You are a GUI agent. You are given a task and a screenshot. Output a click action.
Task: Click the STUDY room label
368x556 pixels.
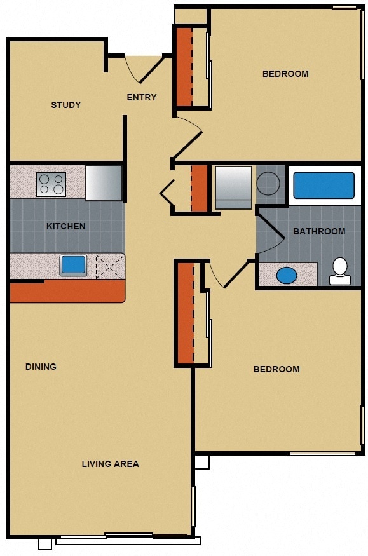pos(65,105)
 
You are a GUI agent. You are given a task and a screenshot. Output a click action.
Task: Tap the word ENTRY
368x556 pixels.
pos(141,97)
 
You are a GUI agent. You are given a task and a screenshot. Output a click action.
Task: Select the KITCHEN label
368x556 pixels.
pos(65,226)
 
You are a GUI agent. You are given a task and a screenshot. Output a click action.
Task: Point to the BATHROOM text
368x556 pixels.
pos(319,231)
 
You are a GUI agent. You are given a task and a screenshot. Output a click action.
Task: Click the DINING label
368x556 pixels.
pos(41,367)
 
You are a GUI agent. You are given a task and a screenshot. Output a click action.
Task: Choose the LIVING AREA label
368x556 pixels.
pos(110,464)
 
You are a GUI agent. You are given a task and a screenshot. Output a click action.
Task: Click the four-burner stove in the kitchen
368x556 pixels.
pos(51,184)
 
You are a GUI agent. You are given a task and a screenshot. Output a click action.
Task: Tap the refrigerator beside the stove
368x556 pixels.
pos(104,182)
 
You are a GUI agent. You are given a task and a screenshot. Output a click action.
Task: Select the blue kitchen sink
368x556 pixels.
pos(73,265)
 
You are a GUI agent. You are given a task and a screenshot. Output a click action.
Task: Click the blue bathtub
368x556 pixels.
pos(324,186)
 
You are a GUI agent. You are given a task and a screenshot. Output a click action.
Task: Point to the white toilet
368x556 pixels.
pos(339,271)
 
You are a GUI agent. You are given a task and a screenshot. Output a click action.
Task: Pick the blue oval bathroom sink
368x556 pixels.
pos(287,275)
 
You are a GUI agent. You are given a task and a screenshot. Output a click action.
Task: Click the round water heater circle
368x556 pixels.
pos(268,183)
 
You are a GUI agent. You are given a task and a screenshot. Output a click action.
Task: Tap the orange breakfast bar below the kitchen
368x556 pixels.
pos(67,291)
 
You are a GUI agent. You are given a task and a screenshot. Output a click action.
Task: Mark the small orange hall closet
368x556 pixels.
pos(199,188)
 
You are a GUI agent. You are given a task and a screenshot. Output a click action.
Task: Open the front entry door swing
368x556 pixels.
pos(141,69)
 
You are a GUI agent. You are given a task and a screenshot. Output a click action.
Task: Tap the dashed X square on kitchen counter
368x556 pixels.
pos(109,266)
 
